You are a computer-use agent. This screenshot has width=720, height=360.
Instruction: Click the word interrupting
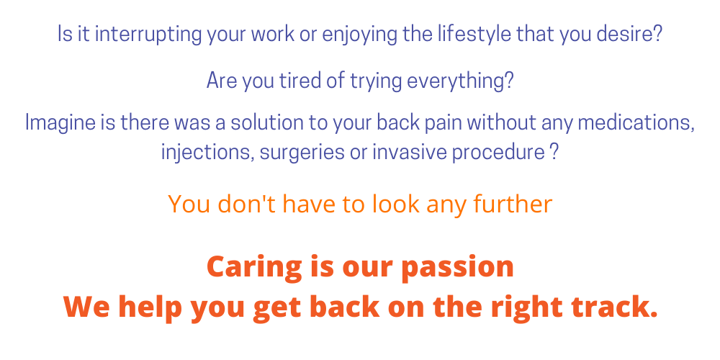coord(149,35)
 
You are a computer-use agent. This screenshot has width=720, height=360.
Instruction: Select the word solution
coord(266,122)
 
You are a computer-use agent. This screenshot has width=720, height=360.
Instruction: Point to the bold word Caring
coord(254,267)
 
